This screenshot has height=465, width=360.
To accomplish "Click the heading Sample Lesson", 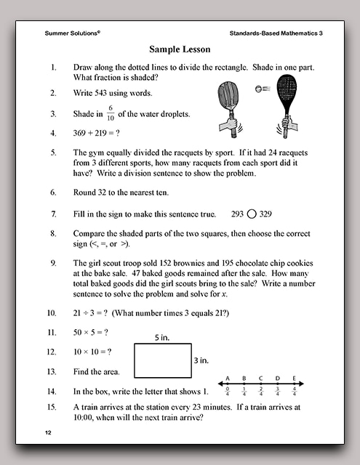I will [180, 49].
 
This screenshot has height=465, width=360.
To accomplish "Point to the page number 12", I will [49, 433].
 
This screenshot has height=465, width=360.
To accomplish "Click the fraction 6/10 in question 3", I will [111, 113].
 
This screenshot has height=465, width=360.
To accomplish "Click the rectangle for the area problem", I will [163, 360].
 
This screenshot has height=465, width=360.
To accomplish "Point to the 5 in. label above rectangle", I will [162, 338].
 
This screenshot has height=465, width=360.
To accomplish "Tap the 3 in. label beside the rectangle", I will [201, 360].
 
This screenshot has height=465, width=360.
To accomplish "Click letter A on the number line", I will [228, 378].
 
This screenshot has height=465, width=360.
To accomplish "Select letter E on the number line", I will [294, 378].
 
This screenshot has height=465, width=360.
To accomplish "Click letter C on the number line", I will [261, 378].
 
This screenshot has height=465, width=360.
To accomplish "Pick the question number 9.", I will [53, 262].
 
